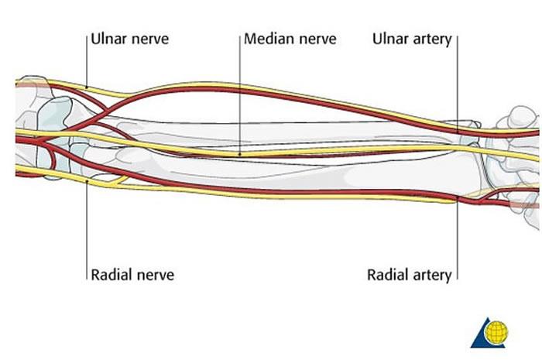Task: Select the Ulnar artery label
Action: pyautogui.click(x=412, y=39)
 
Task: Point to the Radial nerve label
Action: pyautogui.click(x=132, y=274)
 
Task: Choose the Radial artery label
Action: pyautogui.click(x=408, y=274)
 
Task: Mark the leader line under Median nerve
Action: pyautogui.click(x=240, y=93)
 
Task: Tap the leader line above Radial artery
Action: pyautogui.click(x=457, y=240)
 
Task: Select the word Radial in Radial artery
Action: pyautogui.click(x=386, y=274)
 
